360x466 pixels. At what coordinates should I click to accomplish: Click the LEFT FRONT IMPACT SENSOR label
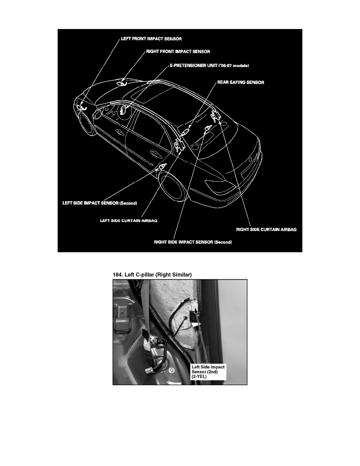(151, 39)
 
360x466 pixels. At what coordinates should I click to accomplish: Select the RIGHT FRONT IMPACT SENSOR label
(178, 52)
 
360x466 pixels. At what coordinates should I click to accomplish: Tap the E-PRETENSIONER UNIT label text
(209, 66)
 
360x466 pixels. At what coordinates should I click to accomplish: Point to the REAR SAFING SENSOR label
(241, 82)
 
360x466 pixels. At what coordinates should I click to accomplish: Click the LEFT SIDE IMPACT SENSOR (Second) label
(100, 203)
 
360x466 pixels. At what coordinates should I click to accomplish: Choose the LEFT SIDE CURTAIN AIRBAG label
(129, 221)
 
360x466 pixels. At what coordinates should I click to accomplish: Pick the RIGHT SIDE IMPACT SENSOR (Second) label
(193, 242)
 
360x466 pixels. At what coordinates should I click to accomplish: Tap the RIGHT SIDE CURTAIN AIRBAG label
(266, 229)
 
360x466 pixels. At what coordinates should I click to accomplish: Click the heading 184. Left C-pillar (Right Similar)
(152, 275)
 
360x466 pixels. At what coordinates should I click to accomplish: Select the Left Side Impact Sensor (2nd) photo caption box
(208, 372)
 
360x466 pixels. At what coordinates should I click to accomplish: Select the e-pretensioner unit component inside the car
(123, 110)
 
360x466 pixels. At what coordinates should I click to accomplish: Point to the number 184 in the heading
(117, 275)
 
